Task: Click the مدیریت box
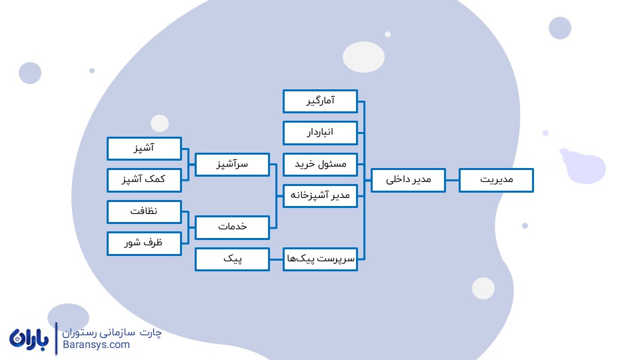[x=496, y=180]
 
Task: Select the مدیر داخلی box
[x=408, y=180]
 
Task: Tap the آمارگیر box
[x=320, y=101]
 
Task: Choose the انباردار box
[x=320, y=133]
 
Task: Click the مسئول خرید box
[x=320, y=165]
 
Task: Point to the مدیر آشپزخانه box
[x=320, y=196]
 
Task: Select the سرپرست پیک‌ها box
[x=320, y=259]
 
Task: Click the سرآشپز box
[x=232, y=165]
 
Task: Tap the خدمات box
[x=232, y=227]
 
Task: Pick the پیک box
[x=232, y=259]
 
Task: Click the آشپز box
[x=144, y=148]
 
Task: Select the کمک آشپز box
[x=144, y=180]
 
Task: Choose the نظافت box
[x=144, y=212]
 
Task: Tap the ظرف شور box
[x=144, y=244]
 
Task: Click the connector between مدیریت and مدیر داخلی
[x=452, y=180]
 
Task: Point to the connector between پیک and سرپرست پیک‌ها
[x=276, y=259]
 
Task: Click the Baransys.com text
[x=96, y=345]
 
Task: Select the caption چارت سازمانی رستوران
[x=112, y=333]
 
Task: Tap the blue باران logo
[x=29, y=339]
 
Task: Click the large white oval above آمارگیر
[x=363, y=57]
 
